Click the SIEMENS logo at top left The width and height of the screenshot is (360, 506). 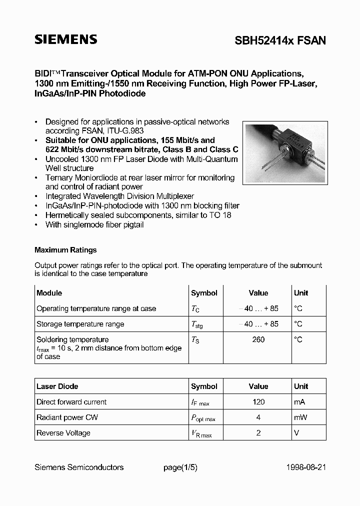65,40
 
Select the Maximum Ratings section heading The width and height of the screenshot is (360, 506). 65,250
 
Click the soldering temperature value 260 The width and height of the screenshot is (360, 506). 258,339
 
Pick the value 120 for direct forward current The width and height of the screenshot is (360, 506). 258,401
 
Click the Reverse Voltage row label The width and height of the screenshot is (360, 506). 63,432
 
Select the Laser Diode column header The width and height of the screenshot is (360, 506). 57,386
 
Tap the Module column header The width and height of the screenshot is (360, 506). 49,293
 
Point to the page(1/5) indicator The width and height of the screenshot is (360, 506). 180,467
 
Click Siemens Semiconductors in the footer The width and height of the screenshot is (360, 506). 79,467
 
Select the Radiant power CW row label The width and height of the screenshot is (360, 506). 66,417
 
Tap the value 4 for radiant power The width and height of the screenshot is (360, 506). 258,417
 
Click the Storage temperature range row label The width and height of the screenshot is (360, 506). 80,324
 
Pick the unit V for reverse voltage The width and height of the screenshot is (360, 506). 296,432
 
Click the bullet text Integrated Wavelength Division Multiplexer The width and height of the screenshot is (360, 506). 119,196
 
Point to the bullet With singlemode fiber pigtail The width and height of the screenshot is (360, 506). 94,224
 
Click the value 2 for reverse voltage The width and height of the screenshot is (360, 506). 258,432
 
